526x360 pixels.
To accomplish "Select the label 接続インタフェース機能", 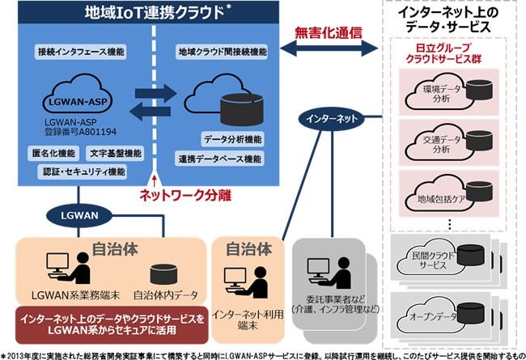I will coord(81,51).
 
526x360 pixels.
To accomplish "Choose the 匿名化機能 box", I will coord(56,153).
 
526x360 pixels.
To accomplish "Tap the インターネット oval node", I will coord(329,119).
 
